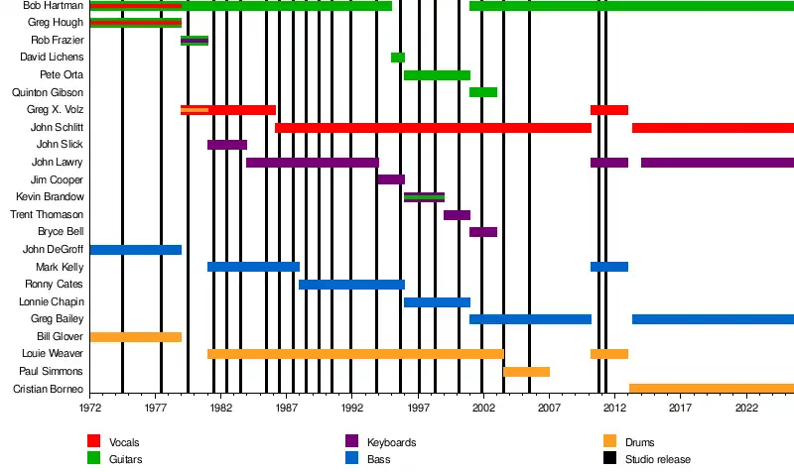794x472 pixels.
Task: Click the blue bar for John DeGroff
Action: tap(135, 250)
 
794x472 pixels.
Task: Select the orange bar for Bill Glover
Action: tap(135, 337)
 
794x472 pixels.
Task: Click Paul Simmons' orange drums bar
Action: tap(526, 372)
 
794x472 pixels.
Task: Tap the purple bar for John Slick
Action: tap(226, 145)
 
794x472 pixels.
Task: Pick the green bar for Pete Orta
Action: tap(437, 75)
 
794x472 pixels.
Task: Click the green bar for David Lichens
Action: tap(397, 58)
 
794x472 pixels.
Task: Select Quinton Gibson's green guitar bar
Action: tap(483, 92)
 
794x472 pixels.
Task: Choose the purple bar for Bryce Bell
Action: tap(483, 232)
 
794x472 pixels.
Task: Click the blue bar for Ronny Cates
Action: tap(351, 285)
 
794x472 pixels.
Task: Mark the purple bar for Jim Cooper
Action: tap(391, 179)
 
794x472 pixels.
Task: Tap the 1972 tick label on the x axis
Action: tap(90, 407)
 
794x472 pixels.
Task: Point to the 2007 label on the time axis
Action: tap(549, 407)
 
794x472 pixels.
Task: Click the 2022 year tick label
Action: tap(745, 407)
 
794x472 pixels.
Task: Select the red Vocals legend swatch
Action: tap(94, 441)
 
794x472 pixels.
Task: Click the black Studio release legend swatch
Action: tap(609, 458)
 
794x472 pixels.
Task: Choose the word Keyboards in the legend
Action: tap(391, 442)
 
